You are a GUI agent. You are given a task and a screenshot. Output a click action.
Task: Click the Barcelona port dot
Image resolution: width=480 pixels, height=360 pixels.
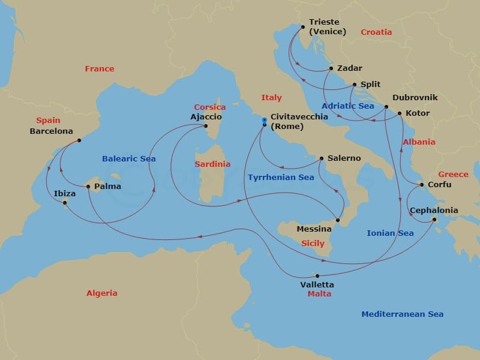[79, 141]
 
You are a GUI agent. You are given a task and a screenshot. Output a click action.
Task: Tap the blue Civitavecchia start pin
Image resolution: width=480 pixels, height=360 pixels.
[264, 121]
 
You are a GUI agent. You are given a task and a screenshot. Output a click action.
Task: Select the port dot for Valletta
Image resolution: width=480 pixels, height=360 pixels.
[317, 276]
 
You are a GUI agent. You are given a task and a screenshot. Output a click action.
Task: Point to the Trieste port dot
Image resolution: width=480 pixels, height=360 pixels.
[302, 26]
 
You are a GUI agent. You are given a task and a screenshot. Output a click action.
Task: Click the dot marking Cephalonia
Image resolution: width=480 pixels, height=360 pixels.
[434, 220]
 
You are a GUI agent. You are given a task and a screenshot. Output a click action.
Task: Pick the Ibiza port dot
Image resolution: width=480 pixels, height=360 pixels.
[65, 202]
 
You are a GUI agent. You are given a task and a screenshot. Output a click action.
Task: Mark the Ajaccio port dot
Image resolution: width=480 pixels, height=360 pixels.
[206, 126]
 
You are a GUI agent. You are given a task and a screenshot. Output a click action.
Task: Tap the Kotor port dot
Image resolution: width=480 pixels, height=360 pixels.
[400, 113]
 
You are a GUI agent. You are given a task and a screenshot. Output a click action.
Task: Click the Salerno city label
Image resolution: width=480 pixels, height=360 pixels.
[344, 158]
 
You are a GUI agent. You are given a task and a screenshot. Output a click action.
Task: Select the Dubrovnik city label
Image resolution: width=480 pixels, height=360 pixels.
[415, 97]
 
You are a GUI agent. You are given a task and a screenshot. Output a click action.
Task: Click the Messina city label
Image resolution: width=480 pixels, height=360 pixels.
[314, 229]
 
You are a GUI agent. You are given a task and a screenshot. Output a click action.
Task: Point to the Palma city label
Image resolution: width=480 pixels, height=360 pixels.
[108, 187]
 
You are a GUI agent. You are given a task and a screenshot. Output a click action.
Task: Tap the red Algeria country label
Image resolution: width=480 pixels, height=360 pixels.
[102, 293]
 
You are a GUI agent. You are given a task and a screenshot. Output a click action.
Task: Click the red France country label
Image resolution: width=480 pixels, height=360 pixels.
[100, 69]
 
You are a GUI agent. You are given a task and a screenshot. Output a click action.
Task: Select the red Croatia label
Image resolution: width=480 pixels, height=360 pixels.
[376, 32]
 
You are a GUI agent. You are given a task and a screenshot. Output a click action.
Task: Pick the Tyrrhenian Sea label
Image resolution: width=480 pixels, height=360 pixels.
[281, 178]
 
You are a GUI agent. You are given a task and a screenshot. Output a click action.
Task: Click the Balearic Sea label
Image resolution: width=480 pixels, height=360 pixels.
[128, 159]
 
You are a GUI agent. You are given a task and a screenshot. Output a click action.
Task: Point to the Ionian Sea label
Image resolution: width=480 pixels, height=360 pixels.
[390, 233]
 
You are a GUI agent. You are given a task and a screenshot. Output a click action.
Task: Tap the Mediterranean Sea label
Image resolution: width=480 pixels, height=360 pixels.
[402, 314]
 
